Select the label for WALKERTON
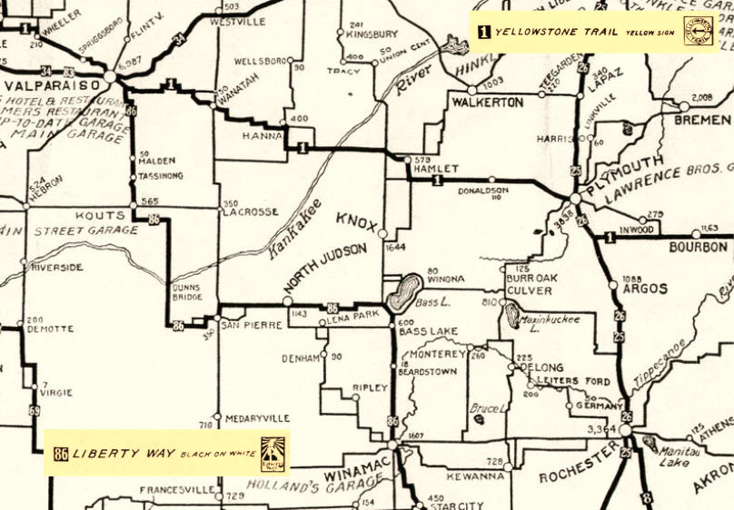(487, 103)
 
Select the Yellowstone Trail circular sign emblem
(698, 31)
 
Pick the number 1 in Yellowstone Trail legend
(483, 32)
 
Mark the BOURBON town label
(699, 247)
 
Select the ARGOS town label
(645, 289)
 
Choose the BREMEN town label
(702, 120)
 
